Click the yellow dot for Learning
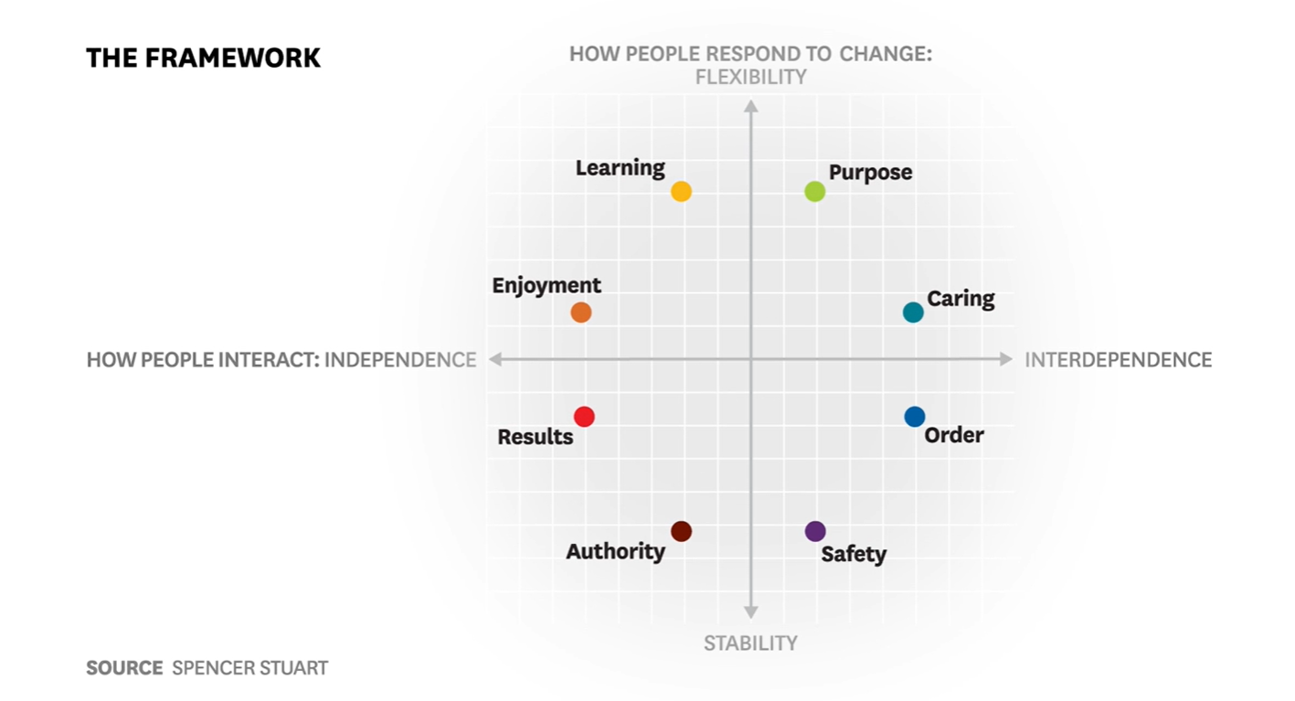click(681, 191)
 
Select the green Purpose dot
click(814, 191)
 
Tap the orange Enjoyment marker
click(581, 313)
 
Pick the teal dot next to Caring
click(913, 313)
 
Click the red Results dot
click(584, 417)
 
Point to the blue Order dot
click(915, 417)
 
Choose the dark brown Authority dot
click(681, 531)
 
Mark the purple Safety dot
click(815, 531)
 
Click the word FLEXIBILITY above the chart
click(750, 77)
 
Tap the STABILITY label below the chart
click(750, 643)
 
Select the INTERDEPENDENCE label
click(1118, 360)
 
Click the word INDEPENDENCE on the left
click(400, 360)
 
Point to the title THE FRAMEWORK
click(203, 58)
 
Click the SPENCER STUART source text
click(249, 668)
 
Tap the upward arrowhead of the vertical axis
click(750, 106)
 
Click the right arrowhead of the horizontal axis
click(1006, 359)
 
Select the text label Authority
click(615, 552)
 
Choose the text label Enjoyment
click(547, 285)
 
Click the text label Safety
click(854, 554)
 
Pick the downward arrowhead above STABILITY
click(750, 612)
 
